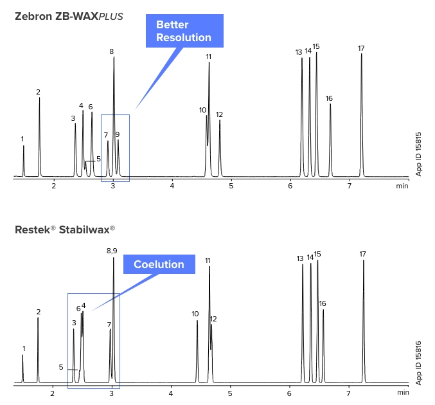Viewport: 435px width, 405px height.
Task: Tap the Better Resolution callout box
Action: (x=183, y=31)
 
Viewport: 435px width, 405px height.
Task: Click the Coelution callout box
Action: (x=159, y=264)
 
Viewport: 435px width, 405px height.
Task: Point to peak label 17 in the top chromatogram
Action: (x=362, y=48)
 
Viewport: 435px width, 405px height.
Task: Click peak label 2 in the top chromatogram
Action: (x=39, y=92)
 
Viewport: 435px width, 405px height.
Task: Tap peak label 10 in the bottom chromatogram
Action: (x=195, y=314)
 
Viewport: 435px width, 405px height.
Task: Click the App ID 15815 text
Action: (x=419, y=154)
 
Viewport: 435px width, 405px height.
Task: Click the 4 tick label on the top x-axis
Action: (x=172, y=186)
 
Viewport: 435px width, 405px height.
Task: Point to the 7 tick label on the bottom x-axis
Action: (x=349, y=393)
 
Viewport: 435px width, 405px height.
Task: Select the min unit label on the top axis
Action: (x=402, y=186)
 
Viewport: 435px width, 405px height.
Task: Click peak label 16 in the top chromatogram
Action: (x=329, y=98)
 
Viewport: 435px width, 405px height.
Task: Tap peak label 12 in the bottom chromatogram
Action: (x=213, y=319)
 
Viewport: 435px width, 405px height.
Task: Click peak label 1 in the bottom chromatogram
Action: (x=24, y=348)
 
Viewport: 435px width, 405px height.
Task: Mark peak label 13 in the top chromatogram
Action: (x=299, y=52)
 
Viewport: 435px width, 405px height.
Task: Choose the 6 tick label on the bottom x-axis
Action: (x=290, y=393)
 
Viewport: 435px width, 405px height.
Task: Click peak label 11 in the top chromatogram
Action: (x=209, y=57)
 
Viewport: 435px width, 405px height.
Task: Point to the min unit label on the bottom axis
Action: (x=402, y=392)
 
